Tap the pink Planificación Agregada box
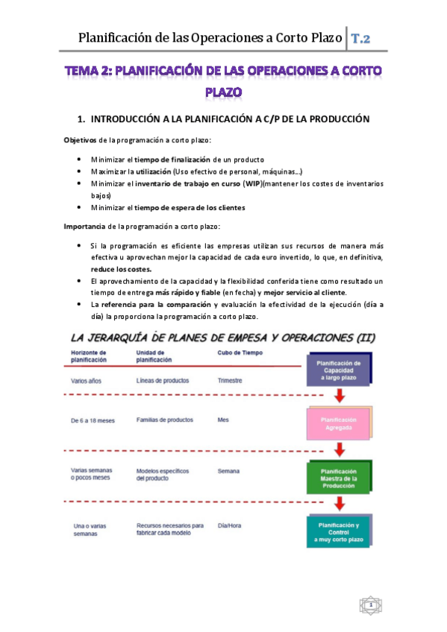[339, 423]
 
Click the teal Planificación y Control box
[339, 532]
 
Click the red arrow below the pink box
[339, 449]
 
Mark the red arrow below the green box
[339, 504]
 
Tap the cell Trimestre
[230, 380]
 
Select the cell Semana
[228, 471]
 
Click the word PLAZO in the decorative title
[224, 92]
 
